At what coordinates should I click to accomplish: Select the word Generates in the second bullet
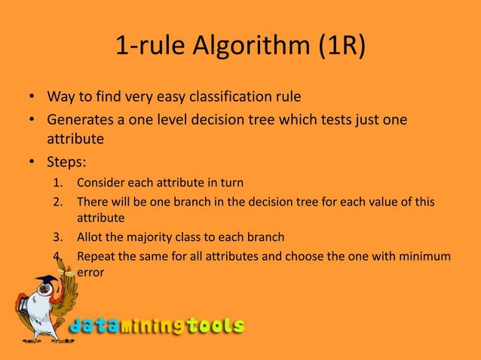click(x=80, y=121)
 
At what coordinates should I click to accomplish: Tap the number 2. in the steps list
click(x=59, y=203)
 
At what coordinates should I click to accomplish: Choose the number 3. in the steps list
click(x=59, y=238)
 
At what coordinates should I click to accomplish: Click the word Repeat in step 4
click(x=96, y=256)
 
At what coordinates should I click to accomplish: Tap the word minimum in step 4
click(x=424, y=256)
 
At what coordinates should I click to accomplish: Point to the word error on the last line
click(x=91, y=273)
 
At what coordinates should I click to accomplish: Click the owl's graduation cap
click(x=44, y=283)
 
